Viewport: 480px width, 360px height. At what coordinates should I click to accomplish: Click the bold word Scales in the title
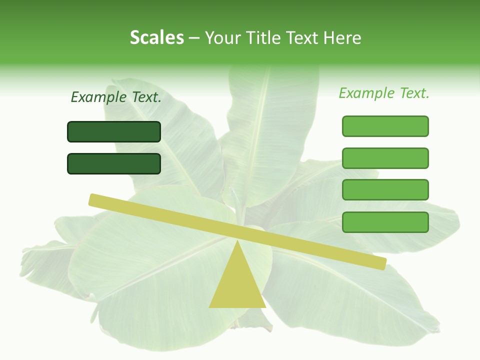tap(156, 37)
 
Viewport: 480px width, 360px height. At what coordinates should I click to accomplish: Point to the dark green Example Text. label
tap(116, 97)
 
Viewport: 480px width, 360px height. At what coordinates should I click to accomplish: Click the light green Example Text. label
tap(384, 93)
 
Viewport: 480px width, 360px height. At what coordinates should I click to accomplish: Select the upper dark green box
tap(114, 131)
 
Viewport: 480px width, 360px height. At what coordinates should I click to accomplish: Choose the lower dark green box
tap(114, 163)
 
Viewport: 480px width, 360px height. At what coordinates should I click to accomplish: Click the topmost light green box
tap(385, 126)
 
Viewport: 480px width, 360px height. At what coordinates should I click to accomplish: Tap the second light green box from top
tap(385, 158)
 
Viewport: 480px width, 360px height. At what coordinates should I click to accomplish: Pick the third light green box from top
tap(385, 190)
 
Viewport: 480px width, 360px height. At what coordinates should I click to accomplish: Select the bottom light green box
tap(385, 222)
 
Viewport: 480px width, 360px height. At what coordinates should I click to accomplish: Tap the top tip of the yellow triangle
tap(237, 241)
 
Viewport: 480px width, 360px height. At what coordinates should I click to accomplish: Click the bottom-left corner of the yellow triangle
tap(210, 306)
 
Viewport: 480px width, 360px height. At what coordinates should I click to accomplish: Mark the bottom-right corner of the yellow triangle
tap(265, 306)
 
